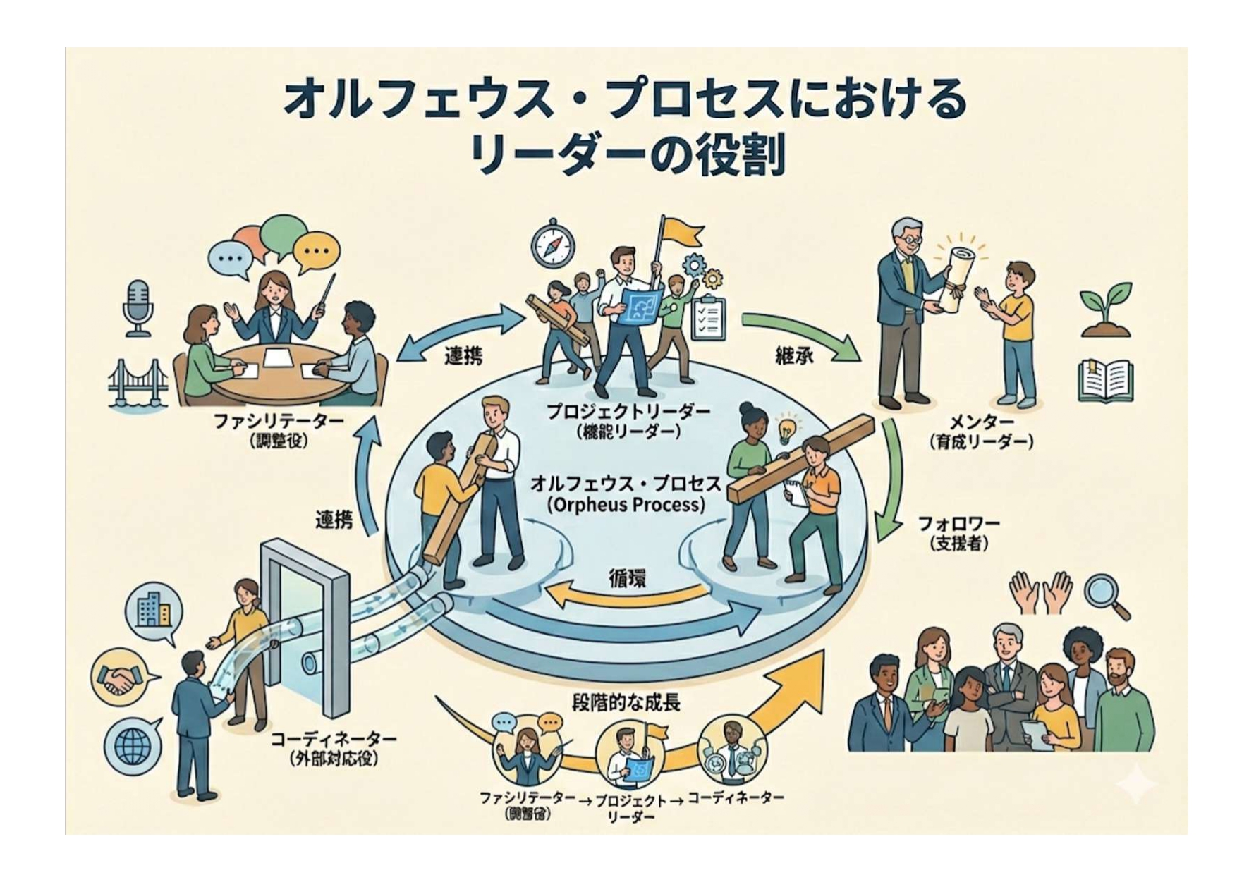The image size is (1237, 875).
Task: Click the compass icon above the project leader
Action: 553,244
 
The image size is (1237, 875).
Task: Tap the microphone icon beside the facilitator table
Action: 138,307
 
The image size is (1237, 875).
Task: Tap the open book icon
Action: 1106,381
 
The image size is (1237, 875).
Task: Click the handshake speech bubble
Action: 121,677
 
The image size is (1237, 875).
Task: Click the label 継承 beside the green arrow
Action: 794,355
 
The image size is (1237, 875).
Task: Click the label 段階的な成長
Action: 626,703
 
